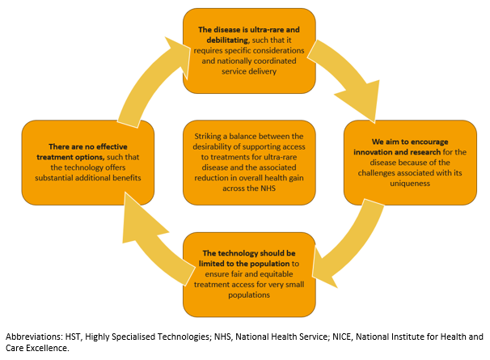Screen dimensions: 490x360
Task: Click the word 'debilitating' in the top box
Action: point(227,40)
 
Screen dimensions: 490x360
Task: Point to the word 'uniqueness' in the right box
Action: point(410,184)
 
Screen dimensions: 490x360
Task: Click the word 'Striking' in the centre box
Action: point(208,137)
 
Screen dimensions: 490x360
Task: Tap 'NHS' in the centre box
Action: point(268,188)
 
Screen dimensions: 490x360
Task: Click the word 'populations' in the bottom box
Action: point(249,295)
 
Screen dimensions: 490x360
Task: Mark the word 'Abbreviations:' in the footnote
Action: point(34,337)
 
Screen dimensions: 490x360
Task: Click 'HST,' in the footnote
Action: point(74,337)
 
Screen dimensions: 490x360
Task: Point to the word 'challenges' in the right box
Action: point(377,173)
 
